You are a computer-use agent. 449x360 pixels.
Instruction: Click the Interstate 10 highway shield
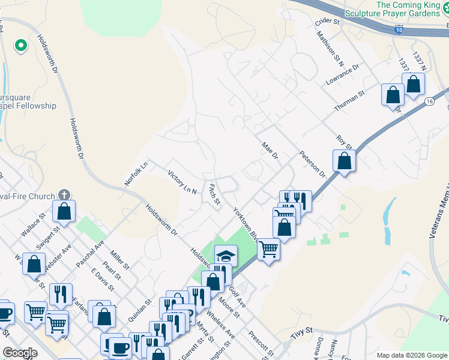(x=399, y=29)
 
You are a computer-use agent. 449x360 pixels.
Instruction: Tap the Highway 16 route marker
(x=429, y=102)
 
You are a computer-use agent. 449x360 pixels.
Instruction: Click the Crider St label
(x=327, y=22)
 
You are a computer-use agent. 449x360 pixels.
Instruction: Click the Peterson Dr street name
(x=312, y=164)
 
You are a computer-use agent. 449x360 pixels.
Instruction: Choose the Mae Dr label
(x=270, y=151)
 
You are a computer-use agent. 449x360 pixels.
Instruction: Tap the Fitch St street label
(x=214, y=193)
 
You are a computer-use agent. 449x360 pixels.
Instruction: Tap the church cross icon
(x=64, y=195)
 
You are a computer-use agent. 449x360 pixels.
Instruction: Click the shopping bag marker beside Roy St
(x=344, y=161)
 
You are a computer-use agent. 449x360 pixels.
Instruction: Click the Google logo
(x=20, y=353)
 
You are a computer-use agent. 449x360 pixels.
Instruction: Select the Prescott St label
(x=261, y=342)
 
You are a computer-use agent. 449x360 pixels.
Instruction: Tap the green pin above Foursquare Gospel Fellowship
(x=20, y=45)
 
